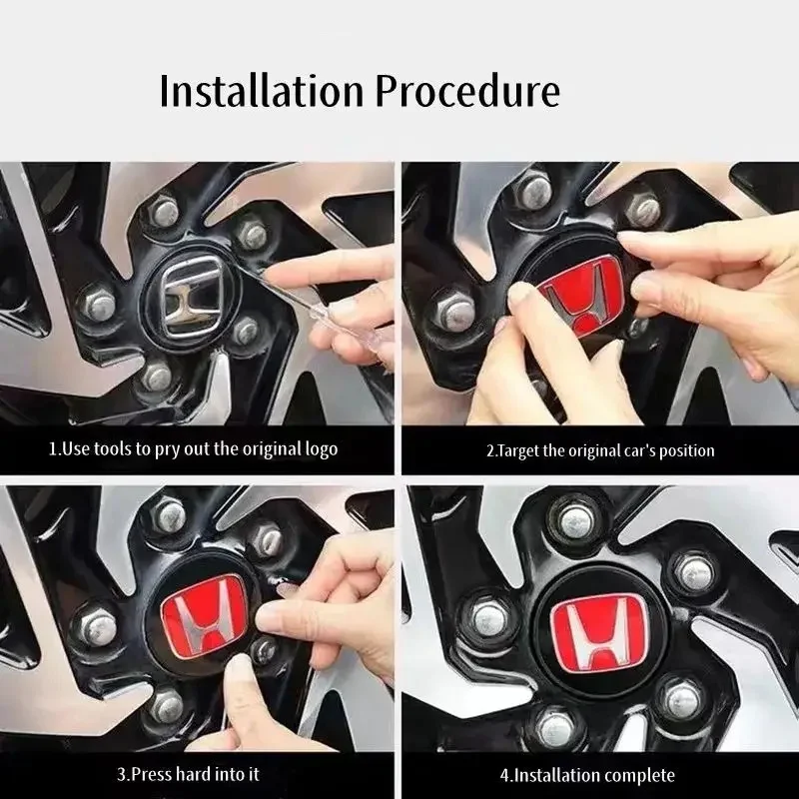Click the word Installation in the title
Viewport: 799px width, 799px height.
coord(262,91)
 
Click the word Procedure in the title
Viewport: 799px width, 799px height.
coord(467,91)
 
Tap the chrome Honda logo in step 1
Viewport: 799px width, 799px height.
coord(192,297)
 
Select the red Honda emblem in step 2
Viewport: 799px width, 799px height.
coord(580,297)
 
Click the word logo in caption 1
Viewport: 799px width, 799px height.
coord(321,450)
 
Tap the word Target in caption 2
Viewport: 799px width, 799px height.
coord(516,451)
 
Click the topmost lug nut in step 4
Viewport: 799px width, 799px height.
coord(576,521)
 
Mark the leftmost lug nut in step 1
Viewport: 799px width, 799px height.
coord(97,305)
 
